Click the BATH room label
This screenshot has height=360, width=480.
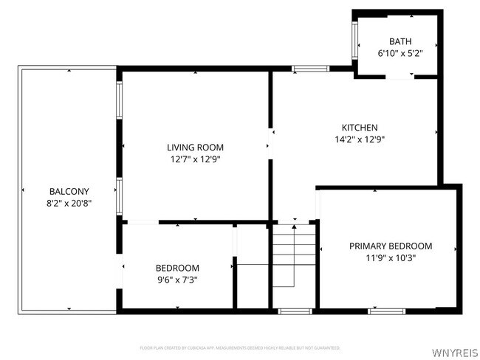point(400,41)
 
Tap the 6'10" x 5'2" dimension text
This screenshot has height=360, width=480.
point(400,53)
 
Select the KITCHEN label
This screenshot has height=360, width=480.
point(359,128)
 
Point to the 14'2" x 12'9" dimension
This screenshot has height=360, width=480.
point(359,139)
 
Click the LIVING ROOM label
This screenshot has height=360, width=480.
point(195,148)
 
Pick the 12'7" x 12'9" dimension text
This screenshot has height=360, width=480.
point(195,159)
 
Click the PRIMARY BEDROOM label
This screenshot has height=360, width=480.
point(391,246)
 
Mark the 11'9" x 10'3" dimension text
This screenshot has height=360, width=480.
point(391,258)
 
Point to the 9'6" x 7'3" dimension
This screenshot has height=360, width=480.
point(176,280)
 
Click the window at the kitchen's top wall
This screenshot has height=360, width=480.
point(310,69)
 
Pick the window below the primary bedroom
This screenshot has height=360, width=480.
point(387,311)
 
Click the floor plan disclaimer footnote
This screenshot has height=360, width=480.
point(239,347)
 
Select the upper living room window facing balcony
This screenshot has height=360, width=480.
point(119,100)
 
